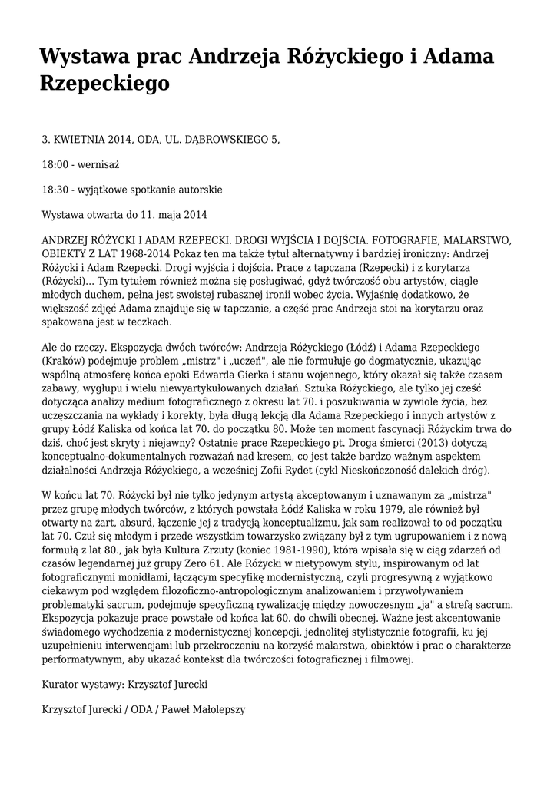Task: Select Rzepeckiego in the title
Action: point(104,83)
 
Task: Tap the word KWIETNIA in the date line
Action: point(82,140)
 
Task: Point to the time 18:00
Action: point(55,165)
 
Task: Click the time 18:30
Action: point(55,190)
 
